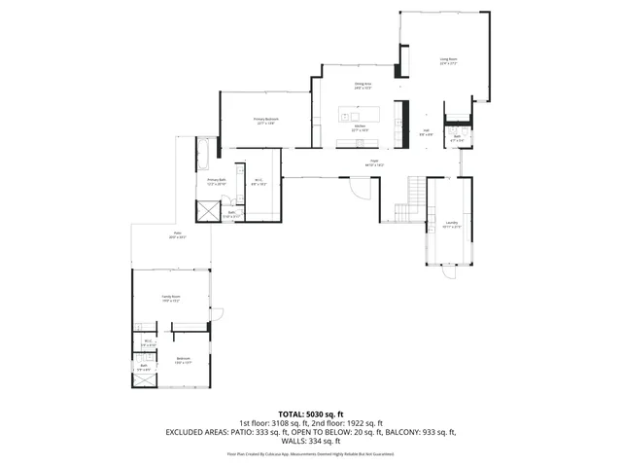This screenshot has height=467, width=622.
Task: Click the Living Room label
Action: [x=448, y=61]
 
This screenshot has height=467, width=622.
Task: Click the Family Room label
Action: [x=171, y=300]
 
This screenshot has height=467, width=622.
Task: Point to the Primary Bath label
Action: [x=216, y=182]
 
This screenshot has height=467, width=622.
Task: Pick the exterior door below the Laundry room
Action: [x=448, y=273]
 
